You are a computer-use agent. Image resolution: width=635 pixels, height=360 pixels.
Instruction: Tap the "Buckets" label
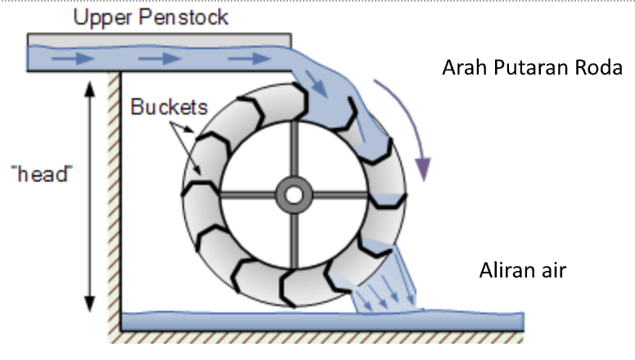pos(169,107)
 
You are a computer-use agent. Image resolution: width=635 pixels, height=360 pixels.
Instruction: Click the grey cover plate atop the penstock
pos(160,39)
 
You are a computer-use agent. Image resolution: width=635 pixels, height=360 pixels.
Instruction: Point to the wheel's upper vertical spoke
pos(292,152)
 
